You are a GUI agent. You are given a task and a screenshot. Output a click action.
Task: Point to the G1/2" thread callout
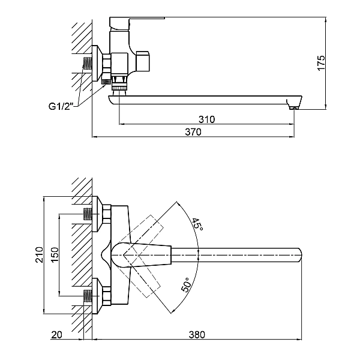click(61, 106)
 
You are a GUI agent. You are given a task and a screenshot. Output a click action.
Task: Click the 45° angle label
click(197, 225)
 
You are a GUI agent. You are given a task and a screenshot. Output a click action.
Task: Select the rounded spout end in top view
click(297, 256)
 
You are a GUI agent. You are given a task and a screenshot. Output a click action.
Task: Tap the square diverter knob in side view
click(144, 61)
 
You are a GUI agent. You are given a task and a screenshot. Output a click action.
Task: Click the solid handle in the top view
click(144, 255)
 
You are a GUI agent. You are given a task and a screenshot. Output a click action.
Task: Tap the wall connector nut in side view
click(106, 63)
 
